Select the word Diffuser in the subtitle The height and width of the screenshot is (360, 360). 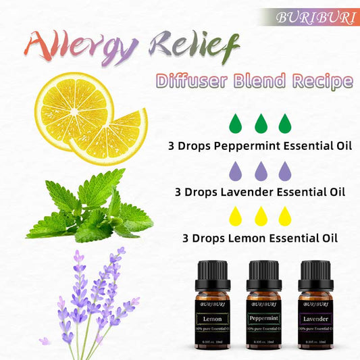pyautogui.click(x=196, y=82)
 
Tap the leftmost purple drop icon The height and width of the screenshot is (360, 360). pyautogui.click(x=234, y=170)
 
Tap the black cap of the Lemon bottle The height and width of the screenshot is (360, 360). pyautogui.click(x=212, y=270)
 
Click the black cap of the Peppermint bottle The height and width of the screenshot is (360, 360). pyautogui.click(x=263, y=270)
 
